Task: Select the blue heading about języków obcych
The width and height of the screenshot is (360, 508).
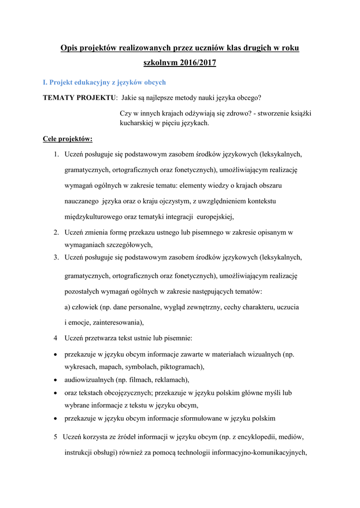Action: (x=104, y=82)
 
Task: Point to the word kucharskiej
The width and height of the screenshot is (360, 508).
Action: (x=137, y=123)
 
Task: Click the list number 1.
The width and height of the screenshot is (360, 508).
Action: (x=56, y=154)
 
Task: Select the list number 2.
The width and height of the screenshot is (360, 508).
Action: (x=56, y=232)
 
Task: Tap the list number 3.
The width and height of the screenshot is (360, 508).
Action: (x=56, y=257)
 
